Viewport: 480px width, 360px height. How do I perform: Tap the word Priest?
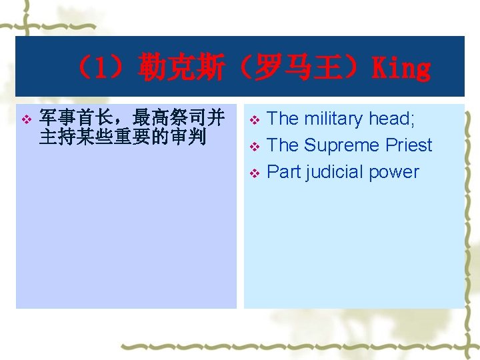click(407, 145)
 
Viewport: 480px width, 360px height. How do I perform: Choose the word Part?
click(283, 172)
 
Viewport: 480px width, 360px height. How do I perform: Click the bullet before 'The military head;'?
click(253, 120)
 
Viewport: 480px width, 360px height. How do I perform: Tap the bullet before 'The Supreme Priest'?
click(253, 147)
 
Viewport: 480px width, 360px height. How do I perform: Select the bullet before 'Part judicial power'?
click(253, 173)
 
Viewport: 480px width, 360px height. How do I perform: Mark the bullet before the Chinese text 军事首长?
click(26, 120)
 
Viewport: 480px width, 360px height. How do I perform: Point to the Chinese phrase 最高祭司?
click(169, 119)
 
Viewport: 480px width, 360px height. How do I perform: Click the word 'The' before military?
click(282, 119)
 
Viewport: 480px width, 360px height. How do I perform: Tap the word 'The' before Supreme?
click(282, 145)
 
